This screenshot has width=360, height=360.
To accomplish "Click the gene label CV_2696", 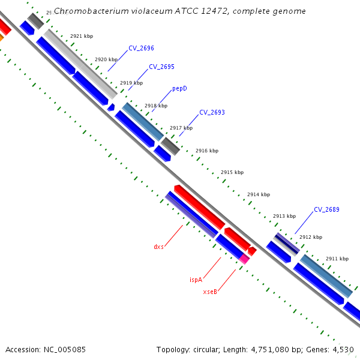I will point(141,48).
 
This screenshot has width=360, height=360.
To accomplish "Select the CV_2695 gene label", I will point(161,67).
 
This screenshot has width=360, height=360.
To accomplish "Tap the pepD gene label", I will point(179,88).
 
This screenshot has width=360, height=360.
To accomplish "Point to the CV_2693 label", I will point(212,112).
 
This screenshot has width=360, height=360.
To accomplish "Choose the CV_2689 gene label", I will point(326,209).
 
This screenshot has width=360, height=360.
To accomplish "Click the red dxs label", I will point(158,247).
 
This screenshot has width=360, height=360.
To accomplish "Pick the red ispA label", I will point(196,280).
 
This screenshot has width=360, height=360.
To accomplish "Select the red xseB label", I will point(209,292).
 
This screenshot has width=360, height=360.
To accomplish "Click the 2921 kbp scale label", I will point(82,36).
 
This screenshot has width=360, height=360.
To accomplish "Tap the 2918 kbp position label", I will point(156,106).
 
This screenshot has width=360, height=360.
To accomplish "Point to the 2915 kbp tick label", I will point(232,172).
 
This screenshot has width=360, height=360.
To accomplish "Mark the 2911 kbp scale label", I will point(337,259).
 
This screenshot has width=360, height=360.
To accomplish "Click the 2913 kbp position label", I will point(284,216).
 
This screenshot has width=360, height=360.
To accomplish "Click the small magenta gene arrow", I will point(244,258).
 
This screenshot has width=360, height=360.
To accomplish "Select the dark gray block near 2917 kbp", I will point(170,145).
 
